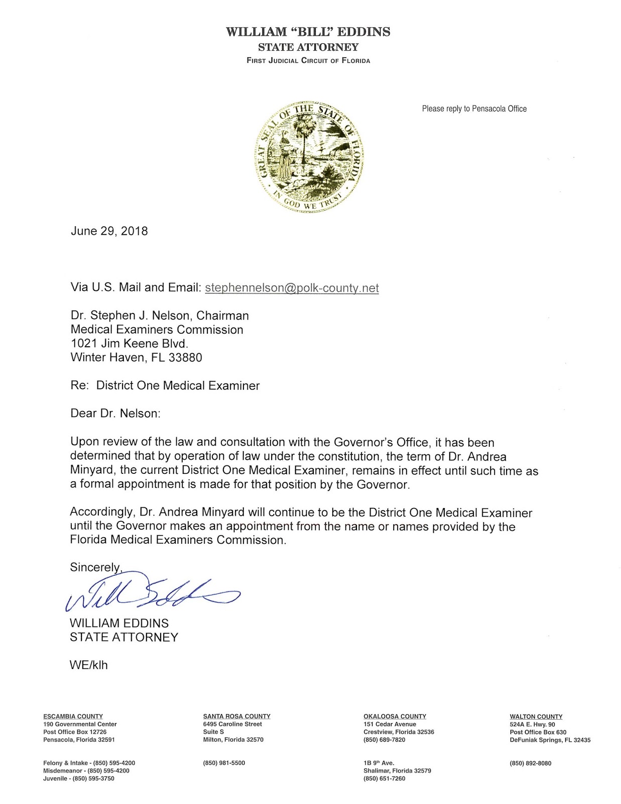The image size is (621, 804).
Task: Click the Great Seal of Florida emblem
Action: click(308, 156)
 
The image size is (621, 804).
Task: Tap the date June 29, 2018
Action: click(109, 231)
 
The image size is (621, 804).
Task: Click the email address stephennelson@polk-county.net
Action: click(292, 288)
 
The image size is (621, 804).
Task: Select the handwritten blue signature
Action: click(151, 592)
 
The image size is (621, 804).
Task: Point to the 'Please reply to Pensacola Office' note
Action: click(474, 109)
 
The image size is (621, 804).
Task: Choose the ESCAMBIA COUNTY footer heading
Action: click(73, 716)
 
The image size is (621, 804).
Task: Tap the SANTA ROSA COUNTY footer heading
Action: click(236, 716)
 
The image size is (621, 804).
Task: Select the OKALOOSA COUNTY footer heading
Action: click(395, 716)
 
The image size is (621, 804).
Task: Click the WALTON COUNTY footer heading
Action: click(536, 717)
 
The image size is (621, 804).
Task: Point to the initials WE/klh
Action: click(88, 665)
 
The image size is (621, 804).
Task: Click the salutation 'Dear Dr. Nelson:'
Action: click(115, 414)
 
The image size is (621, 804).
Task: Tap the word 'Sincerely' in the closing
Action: click(95, 567)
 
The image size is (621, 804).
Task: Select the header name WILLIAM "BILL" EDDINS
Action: click(308, 32)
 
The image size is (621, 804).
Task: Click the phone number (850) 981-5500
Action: click(224, 763)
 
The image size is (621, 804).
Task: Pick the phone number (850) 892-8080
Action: click(530, 763)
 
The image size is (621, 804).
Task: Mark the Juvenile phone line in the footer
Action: click(79, 778)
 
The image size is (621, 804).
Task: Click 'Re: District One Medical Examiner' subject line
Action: click(165, 386)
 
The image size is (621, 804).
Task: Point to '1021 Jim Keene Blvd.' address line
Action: click(129, 344)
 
